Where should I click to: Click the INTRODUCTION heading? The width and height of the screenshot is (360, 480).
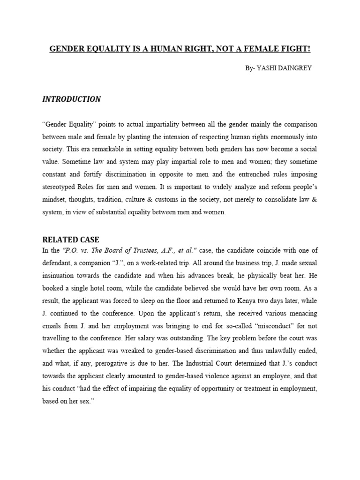coord(71,99)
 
